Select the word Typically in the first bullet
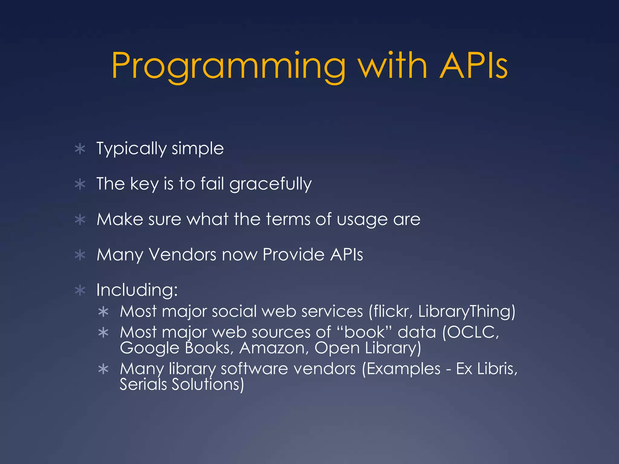click(x=131, y=149)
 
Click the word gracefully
click(x=271, y=184)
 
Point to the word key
click(x=144, y=184)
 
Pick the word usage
click(x=362, y=220)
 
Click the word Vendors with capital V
click(x=183, y=254)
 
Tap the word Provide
click(x=293, y=254)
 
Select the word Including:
click(x=137, y=290)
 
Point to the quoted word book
click(x=365, y=332)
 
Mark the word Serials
click(x=143, y=385)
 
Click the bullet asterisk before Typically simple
click(x=80, y=149)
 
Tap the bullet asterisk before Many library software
click(x=103, y=369)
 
